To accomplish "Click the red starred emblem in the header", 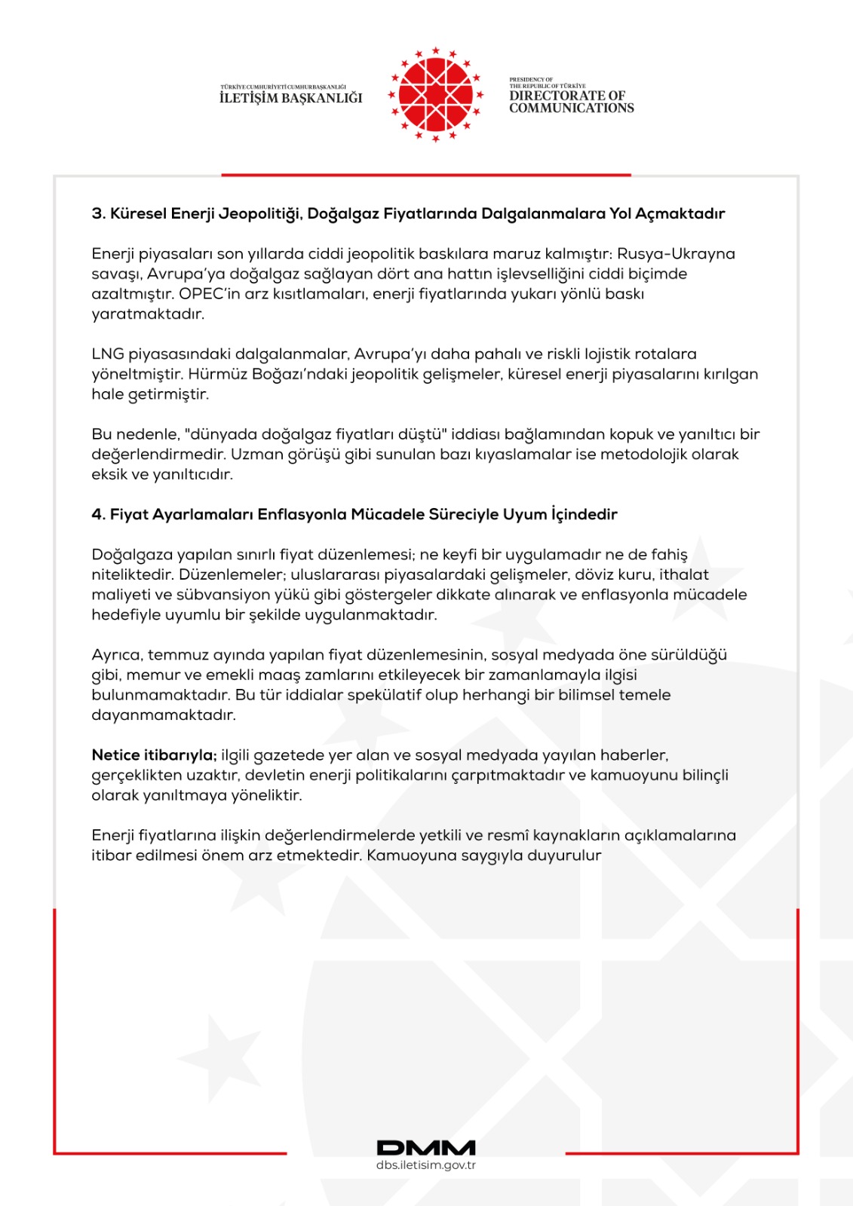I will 435,95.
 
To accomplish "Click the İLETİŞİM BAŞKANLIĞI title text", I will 291,98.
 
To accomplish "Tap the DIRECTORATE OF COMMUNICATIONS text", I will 571,102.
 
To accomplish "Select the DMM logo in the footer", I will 426,1148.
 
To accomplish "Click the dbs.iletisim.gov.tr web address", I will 426,1165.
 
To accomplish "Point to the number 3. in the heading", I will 99,214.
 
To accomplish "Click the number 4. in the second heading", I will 99,515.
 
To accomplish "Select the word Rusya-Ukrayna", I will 676,254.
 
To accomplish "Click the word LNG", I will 108,354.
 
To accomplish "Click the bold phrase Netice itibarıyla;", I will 154,755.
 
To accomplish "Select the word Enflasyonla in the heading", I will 302,515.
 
